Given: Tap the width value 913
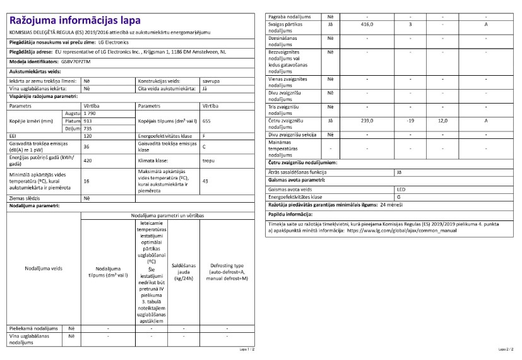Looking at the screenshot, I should point(88,120).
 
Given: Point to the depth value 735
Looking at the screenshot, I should point(88,128).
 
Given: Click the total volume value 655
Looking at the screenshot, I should point(206,120).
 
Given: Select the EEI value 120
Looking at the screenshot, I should point(88,136).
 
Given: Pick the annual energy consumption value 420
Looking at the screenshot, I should point(88,160).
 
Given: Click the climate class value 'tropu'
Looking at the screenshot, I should point(208,160).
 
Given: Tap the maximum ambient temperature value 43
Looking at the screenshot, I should point(205,181).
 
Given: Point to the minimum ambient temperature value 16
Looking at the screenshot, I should point(86,181).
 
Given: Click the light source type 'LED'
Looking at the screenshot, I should point(401,189).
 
